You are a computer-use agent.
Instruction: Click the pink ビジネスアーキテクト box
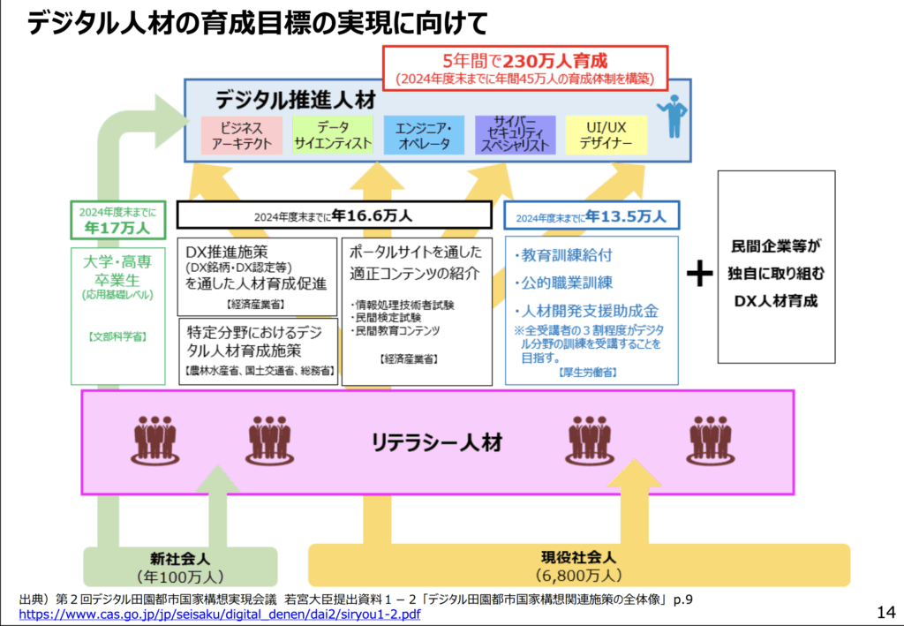(x=241, y=135)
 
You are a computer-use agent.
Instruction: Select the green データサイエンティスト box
(x=333, y=135)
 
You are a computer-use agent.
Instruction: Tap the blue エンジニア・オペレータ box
(x=424, y=135)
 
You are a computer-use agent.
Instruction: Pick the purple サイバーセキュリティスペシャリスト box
(x=516, y=135)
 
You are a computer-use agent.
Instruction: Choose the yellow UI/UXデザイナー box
(x=607, y=135)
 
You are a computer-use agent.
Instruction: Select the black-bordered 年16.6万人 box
(x=335, y=215)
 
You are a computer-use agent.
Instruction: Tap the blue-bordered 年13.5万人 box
(x=591, y=215)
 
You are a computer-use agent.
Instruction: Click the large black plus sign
(x=698, y=274)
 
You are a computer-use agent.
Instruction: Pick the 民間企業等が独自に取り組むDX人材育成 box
(x=776, y=268)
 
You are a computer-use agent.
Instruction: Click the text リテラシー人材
(x=437, y=441)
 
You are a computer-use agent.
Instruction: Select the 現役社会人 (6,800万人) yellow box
(x=578, y=567)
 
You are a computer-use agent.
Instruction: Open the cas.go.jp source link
(x=219, y=614)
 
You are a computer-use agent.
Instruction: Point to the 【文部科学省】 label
(x=117, y=336)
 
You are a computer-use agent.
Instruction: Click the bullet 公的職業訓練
(x=565, y=283)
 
